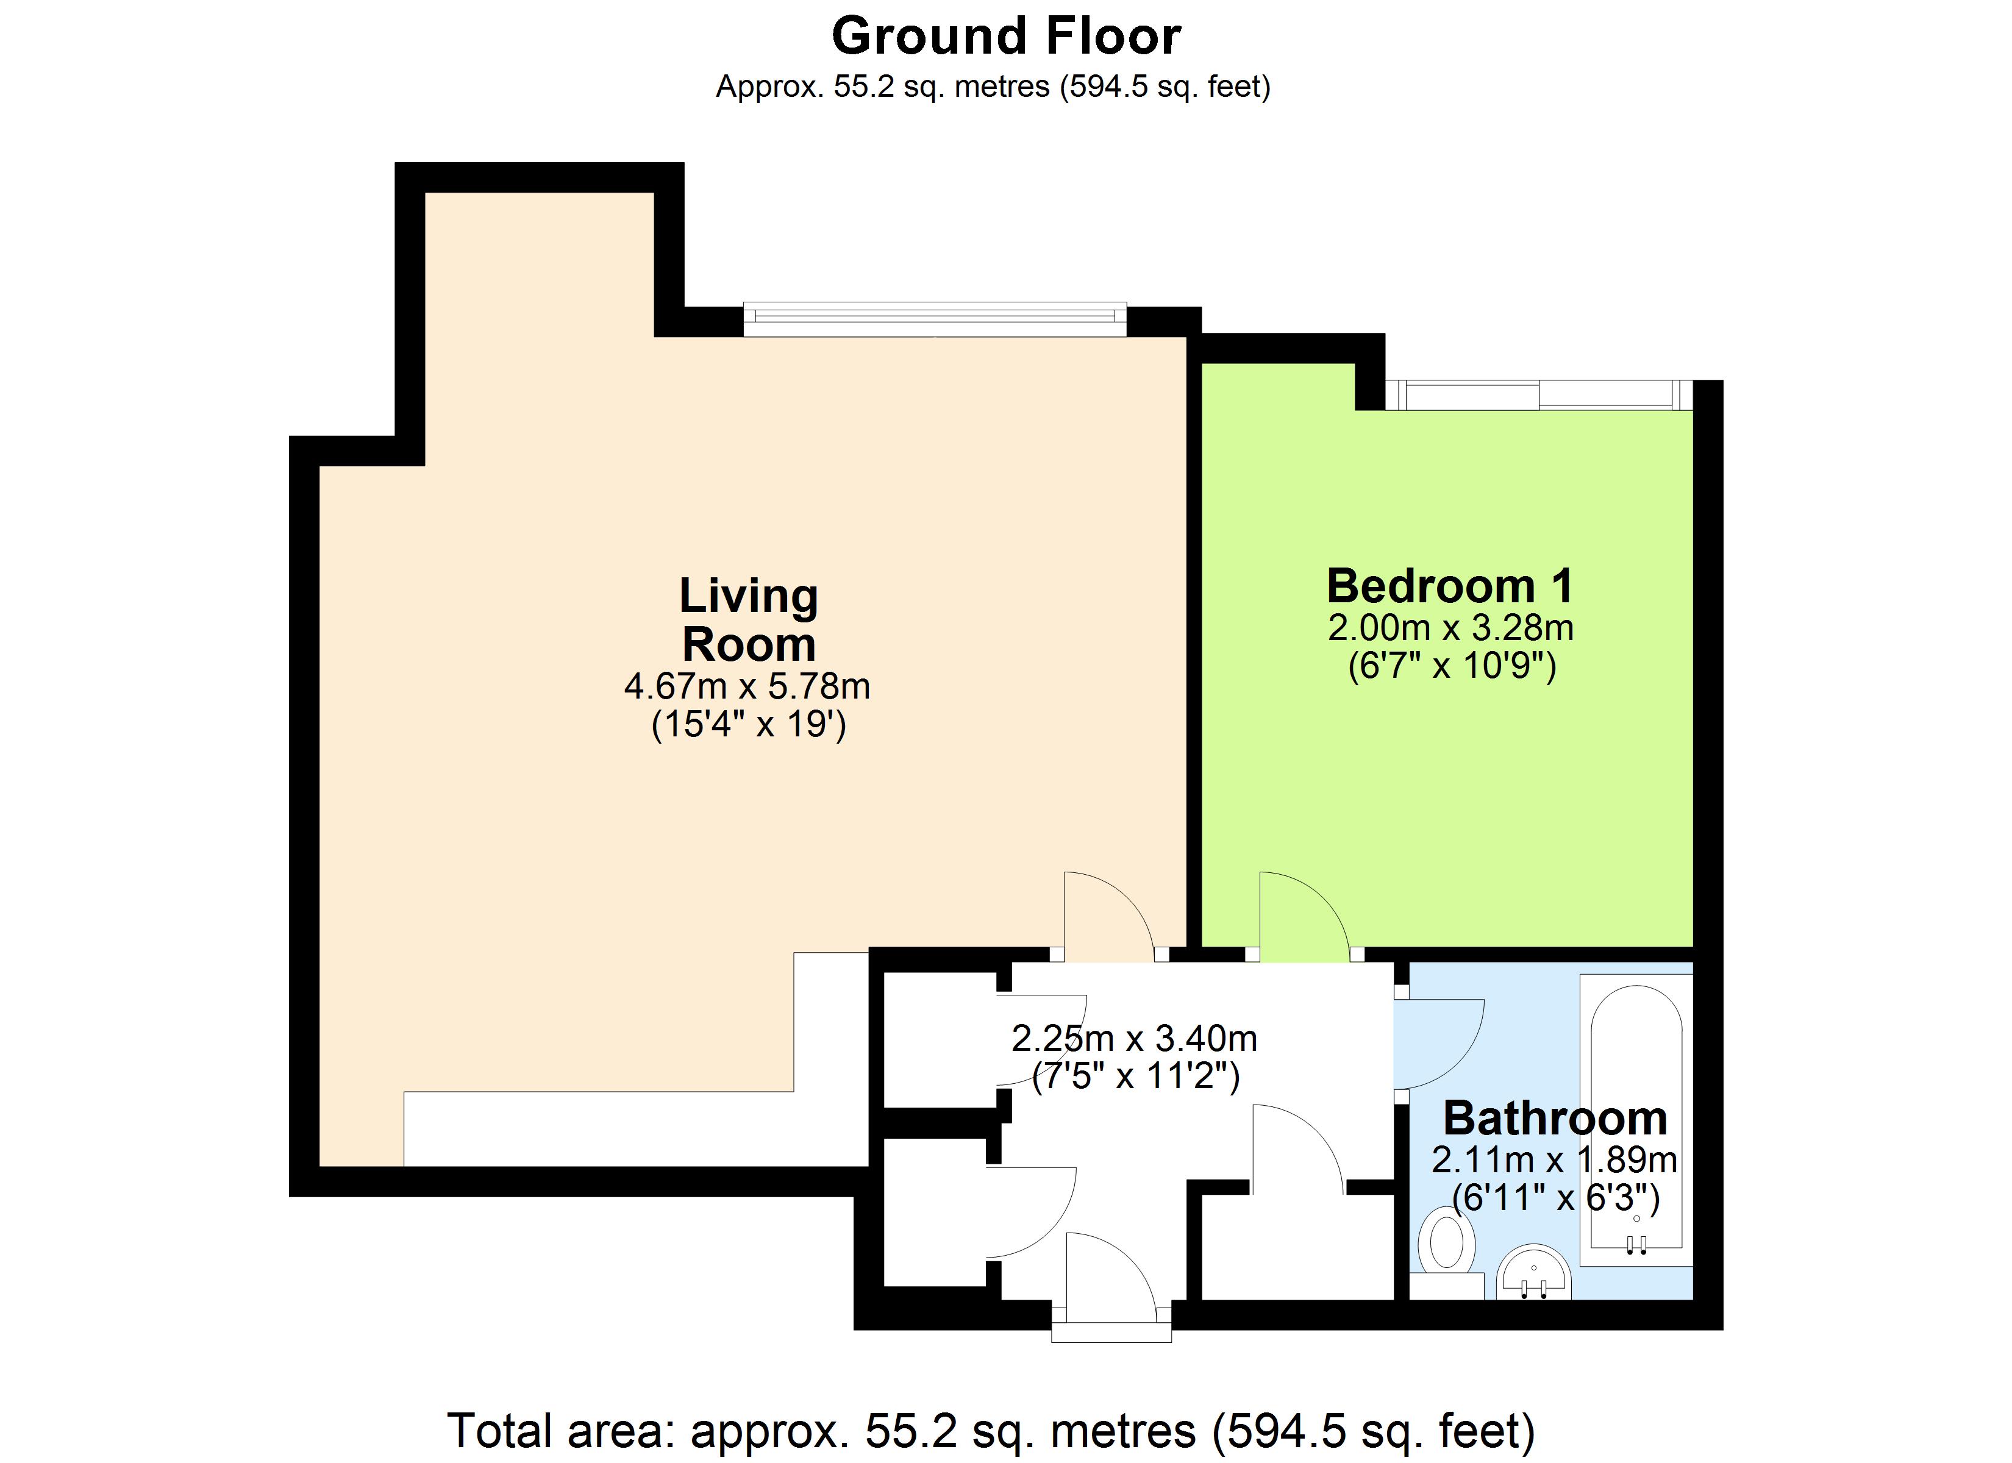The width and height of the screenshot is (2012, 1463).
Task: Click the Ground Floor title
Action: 1005,37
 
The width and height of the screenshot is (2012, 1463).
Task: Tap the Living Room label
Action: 748,619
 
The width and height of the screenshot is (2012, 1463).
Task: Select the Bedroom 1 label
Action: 1450,586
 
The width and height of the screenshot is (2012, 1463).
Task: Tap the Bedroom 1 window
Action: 1539,395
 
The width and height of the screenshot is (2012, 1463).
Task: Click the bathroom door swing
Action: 1433,1042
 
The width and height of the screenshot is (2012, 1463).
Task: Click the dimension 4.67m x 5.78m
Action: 747,686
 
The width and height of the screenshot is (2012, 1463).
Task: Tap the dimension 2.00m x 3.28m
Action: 1450,628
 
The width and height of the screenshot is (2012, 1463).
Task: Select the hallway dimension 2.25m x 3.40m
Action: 1134,1038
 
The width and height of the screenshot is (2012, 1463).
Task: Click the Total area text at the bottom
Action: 990,1430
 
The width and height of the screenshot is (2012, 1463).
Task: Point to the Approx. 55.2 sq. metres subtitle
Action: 993,87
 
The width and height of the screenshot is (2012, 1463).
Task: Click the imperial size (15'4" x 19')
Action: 748,725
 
